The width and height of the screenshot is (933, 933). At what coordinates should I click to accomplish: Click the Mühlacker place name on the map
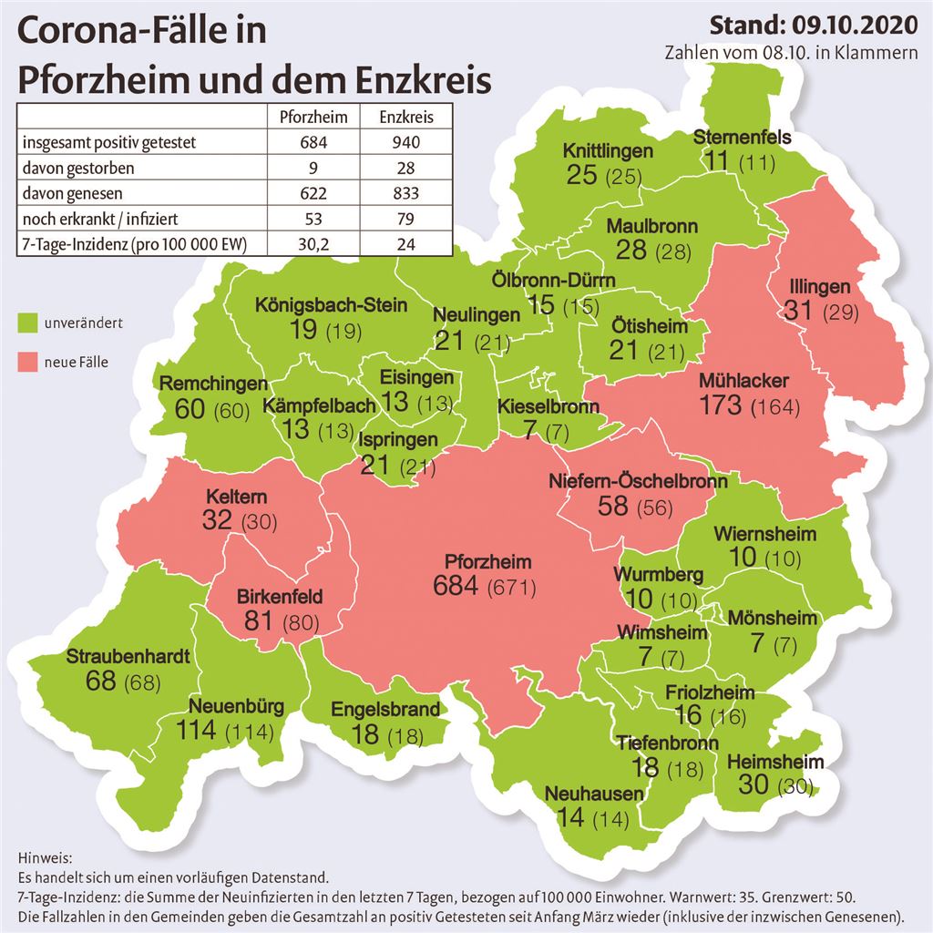[743, 380]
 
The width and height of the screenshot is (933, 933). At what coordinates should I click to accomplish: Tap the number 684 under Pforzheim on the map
[456, 585]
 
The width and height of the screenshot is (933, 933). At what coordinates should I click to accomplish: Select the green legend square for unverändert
[27, 323]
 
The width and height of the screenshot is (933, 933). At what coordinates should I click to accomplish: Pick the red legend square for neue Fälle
[27, 363]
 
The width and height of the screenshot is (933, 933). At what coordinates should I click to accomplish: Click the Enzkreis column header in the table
[405, 117]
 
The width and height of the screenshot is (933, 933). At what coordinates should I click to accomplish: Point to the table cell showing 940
[405, 143]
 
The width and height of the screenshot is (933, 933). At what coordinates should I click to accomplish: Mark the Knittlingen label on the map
[608, 150]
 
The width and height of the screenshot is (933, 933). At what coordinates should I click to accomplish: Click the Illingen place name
[821, 286]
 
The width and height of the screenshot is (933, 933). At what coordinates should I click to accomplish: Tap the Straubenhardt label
[128, 656]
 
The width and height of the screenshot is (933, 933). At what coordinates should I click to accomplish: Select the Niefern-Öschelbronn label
[638, 480]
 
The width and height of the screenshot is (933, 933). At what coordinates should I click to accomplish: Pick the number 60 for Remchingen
[190, 409]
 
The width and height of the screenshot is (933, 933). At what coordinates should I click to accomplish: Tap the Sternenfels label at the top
[742, 138]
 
